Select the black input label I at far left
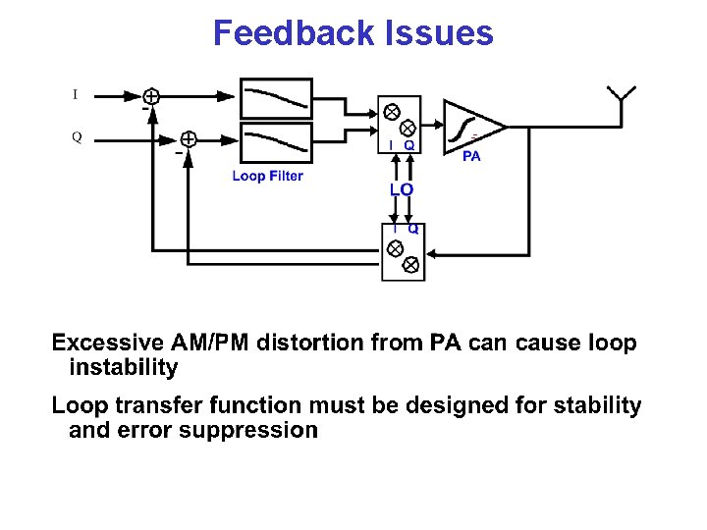pyautogui.click(x=75, y=95)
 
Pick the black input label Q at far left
pyautogui.click(x=76, y=137)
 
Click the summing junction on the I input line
pyautogui.click(x=152, y=95)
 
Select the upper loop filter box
pyautogui.click(x=276, y=99)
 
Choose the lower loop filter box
pyautogui.click(x=276, y=141)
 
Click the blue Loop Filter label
pyautogui.click(x=267, y=177)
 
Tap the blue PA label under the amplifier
pyautogui.click(x=471, y=157)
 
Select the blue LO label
pyautogui.click(x=401, y=188)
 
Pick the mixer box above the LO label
pyautogui.click(x=400, y=125)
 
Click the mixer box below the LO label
pyautogui.click(x=403, y=252)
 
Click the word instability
pyautogui.click(x=124, y=368)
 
